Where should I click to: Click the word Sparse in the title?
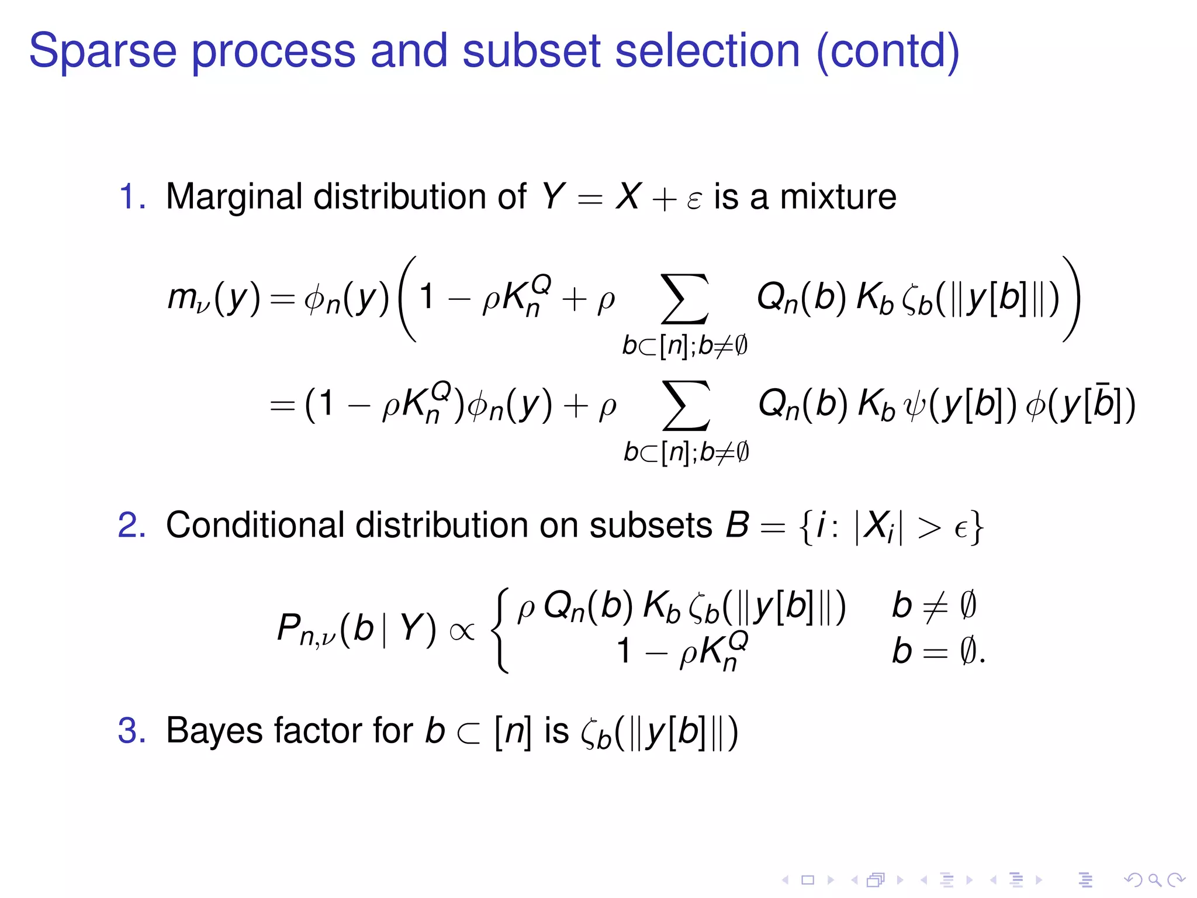pos(103,51)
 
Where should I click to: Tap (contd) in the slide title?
pos(888,51)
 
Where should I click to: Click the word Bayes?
pos(213,732)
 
